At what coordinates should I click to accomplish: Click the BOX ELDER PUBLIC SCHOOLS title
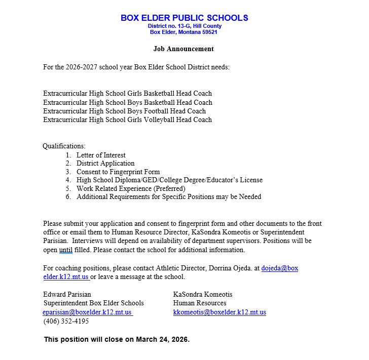(184, 18)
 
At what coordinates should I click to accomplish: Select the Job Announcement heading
(183, 49)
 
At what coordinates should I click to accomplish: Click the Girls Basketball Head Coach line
(127, 94)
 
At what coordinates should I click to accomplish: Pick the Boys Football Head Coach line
(124, 111)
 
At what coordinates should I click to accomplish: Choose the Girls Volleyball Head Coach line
(127, 120)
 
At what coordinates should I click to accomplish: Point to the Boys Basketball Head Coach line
(127, 102)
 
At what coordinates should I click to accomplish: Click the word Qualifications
(64, 146)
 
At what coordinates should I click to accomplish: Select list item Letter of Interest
(101, 155)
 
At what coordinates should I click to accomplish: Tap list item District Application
(105, 164)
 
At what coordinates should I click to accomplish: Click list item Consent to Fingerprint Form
(118, 172)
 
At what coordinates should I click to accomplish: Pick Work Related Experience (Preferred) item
(131, 188)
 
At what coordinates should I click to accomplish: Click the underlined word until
(66, 250)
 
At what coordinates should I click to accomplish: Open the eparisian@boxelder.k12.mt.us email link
(87, 312)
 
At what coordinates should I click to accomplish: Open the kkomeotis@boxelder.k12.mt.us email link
(219, 312)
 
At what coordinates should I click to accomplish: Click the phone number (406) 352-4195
(66, 321)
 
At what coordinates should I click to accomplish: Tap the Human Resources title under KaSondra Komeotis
(200, 303)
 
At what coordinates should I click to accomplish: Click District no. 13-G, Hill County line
(184, 26)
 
